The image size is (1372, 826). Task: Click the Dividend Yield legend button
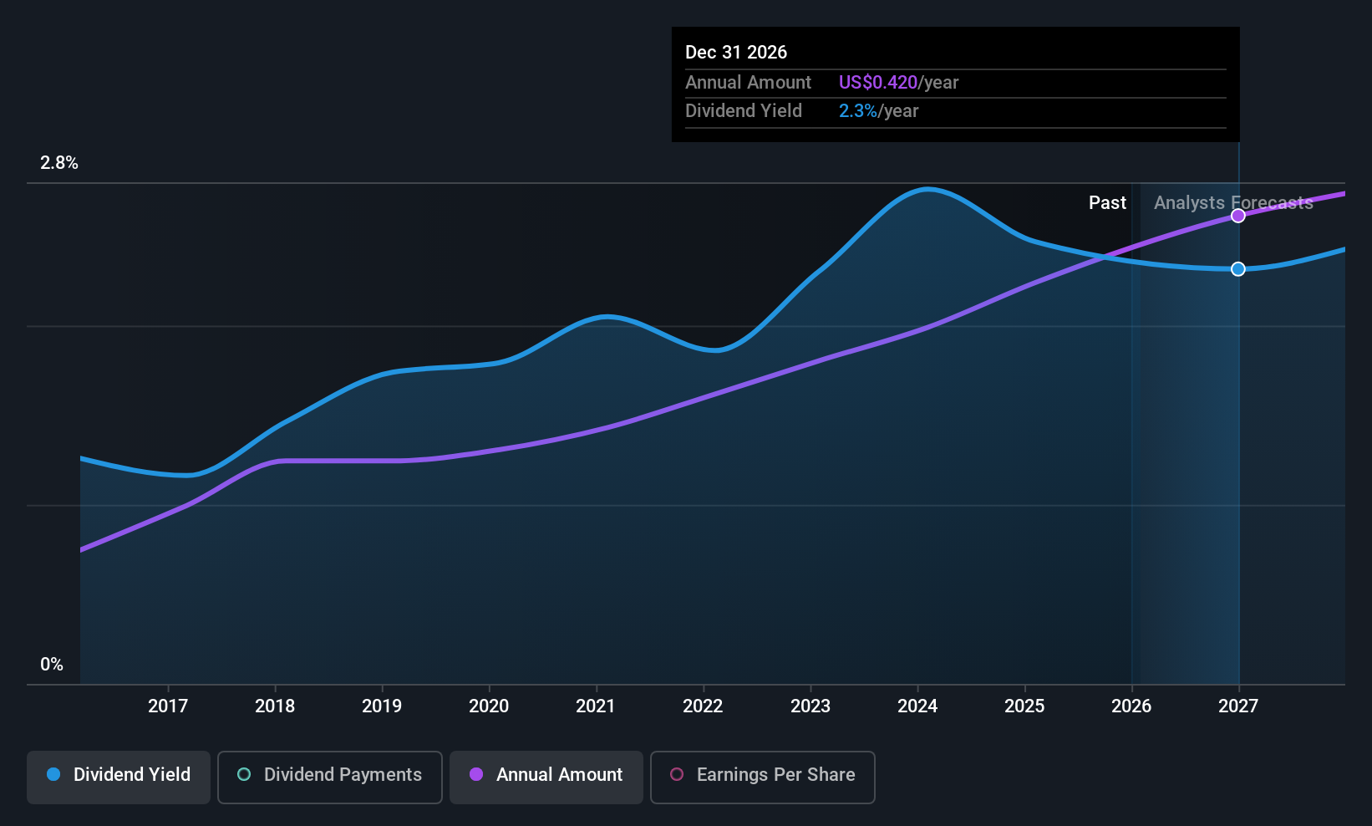[x=118, y=777]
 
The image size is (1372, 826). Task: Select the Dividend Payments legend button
[x=329, y=777]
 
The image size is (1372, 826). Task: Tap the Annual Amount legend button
[x=546, y=777]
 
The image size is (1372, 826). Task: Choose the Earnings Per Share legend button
[x=763, y=777]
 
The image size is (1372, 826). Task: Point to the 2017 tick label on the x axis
[x=168, y=706]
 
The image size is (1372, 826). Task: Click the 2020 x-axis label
[x=489, y=706]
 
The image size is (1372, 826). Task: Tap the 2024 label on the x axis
[x=917, y=706]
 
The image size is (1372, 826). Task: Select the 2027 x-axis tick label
[x=1238, y=706]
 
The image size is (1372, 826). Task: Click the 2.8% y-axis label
[x=59, y=163]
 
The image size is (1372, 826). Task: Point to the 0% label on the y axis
[x=52, y=665]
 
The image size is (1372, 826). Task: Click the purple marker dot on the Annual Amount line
[x=1237, y=216]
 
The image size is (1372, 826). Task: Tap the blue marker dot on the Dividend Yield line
[x=1237, y=269]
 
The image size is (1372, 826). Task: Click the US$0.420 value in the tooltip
[x=877, y=82]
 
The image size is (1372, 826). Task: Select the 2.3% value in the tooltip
[x=857, y=111]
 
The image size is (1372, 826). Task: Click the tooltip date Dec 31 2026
[x=735, y=53]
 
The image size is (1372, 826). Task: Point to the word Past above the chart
[x=1107, y=203]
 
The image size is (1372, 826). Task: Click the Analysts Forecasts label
[x=1233, y=203]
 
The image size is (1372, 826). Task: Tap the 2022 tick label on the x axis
[x=704, y=706]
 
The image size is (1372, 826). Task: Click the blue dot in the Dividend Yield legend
[x=53, y=774]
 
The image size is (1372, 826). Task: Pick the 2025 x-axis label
[x=1024, y=706]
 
